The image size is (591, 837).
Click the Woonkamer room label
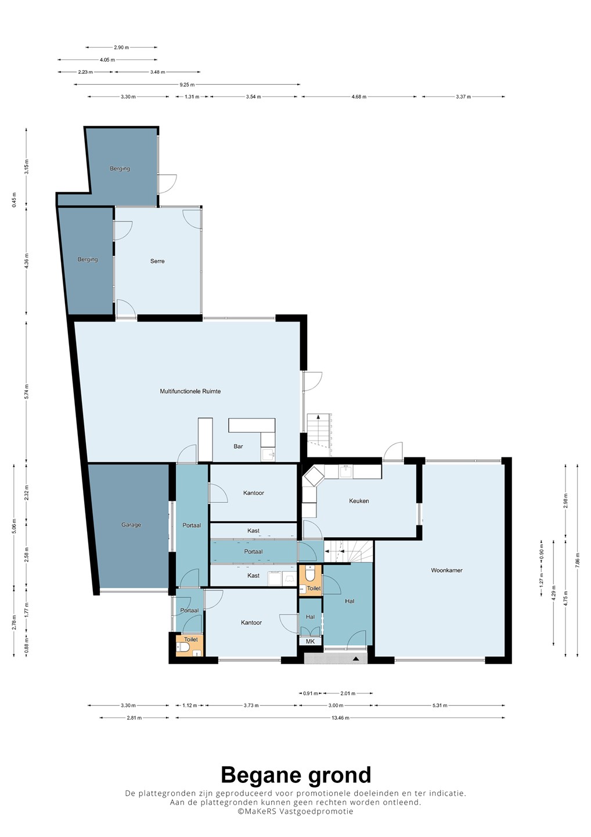coord(446,570)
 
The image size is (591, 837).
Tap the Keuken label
coord(359,500)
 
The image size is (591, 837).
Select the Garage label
coord(131,525)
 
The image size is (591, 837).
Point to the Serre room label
coord(157,261)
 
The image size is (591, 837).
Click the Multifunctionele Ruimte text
coord(190,391)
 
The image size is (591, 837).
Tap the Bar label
coord(238,446)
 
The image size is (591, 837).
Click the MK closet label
coord(310,641)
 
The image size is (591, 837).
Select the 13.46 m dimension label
coord(341,717)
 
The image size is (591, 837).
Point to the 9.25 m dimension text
coord(187,84)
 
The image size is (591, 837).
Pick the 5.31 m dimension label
coord(439,705)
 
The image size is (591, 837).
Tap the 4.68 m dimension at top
coord(359,96)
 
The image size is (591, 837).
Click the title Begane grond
coord(296,775)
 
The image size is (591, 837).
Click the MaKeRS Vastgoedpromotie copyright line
coord(295,811)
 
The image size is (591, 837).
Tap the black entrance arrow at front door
coord(356,659)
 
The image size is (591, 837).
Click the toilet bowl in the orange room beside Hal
coord(310,575)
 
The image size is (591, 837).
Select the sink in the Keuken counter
coord(346,471)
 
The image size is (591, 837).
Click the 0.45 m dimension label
coord(14,199)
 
